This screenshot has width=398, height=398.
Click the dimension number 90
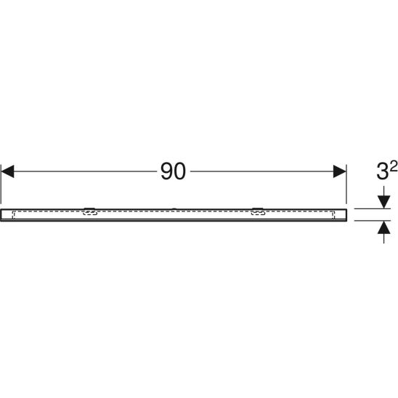pos(173,171)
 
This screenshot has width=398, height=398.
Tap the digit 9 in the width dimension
pos(166,171)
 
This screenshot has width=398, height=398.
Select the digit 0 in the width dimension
pos(179,171)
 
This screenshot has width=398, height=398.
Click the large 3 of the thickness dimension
pos(382,171)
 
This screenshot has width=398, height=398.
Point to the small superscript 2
pos(394,167)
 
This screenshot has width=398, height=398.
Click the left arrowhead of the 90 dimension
pos(7,171)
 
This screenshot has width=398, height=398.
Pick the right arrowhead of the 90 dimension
pos(340,171)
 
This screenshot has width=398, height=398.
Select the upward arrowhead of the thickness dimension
pos(383,227)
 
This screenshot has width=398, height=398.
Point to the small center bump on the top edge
pos(174,209)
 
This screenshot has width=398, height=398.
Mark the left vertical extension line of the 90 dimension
pos(1,184)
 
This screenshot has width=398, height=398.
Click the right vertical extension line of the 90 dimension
pos(346,184)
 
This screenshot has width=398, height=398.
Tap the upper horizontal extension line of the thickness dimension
pos(373,208)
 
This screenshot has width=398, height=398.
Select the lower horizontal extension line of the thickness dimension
pos(373,221)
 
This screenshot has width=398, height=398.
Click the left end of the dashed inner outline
pos(13,215)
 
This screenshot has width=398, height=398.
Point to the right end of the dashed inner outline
pos(333,215)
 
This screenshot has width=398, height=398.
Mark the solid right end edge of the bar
pos(346,215)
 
